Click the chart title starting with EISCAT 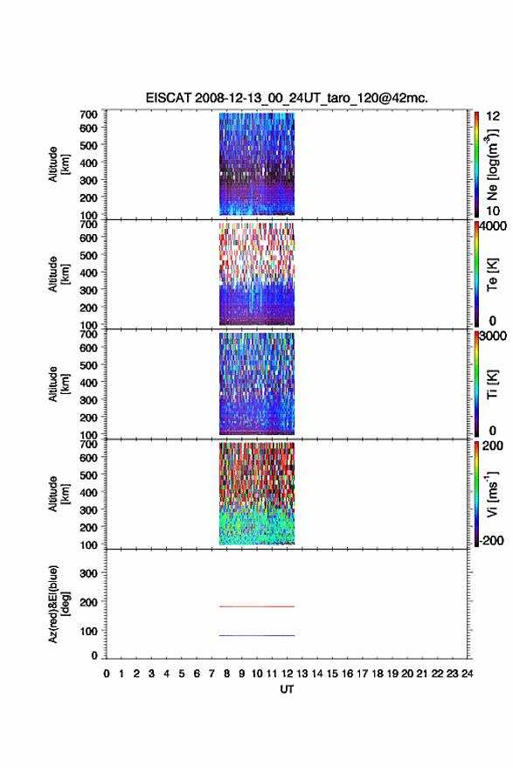click(x=287, y=98)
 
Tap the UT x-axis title click(x=287, y=689)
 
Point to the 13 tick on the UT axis click(x=302, y=674)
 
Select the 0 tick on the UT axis click(x=107, y=674)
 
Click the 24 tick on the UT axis click(x=467, y=674)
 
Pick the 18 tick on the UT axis click(x=378, y=674)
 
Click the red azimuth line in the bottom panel click(x=257, y=606)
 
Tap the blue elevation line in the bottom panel click(x=257, y=635)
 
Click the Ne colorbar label click(x=493, y=164)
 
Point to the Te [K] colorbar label click(x=492, y=274)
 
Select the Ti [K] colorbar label click(x=492, y=384)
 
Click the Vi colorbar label click(x=492, y=494)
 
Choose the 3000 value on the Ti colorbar click(x=493, y=336)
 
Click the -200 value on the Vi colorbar click(x=490, y=540)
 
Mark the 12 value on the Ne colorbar click(x=493, y=116)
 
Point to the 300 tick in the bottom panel click(x=88, y=573)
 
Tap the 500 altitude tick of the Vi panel click(x=88, y=475)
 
